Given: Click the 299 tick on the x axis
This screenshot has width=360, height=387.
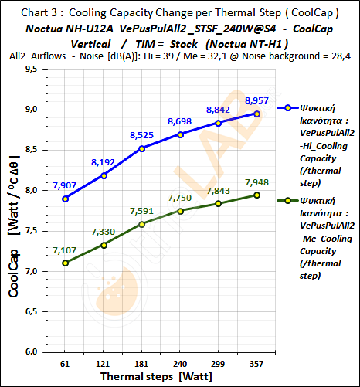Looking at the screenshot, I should (233, 362).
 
